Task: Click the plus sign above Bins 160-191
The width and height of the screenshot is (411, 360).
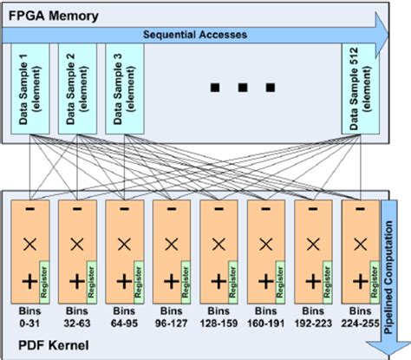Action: point(263,280)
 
